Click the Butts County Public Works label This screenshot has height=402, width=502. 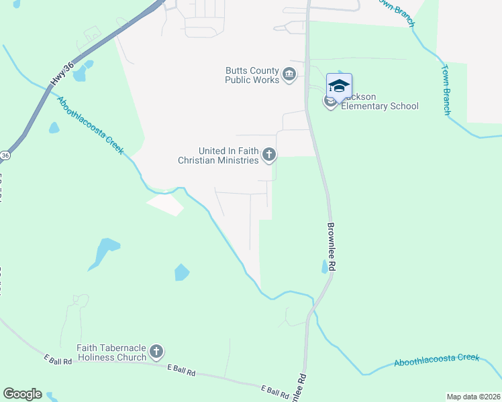[252, 75]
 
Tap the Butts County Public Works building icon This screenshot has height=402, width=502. [289, 74]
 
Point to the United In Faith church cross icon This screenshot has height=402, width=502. [268, 155]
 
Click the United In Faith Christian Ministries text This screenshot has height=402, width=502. [218, 156]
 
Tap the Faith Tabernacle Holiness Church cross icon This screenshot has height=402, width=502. [156, 351]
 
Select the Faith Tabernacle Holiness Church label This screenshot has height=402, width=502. [111, 352]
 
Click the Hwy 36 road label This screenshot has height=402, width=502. [60, 74]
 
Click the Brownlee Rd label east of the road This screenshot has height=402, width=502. [332, 247]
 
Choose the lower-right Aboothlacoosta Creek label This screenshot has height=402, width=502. [437, 360]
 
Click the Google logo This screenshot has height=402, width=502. [22, 394]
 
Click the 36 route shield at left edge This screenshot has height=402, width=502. [4, 155]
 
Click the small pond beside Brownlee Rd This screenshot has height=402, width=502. [325, 267]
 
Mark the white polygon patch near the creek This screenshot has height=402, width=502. [165, 204]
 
